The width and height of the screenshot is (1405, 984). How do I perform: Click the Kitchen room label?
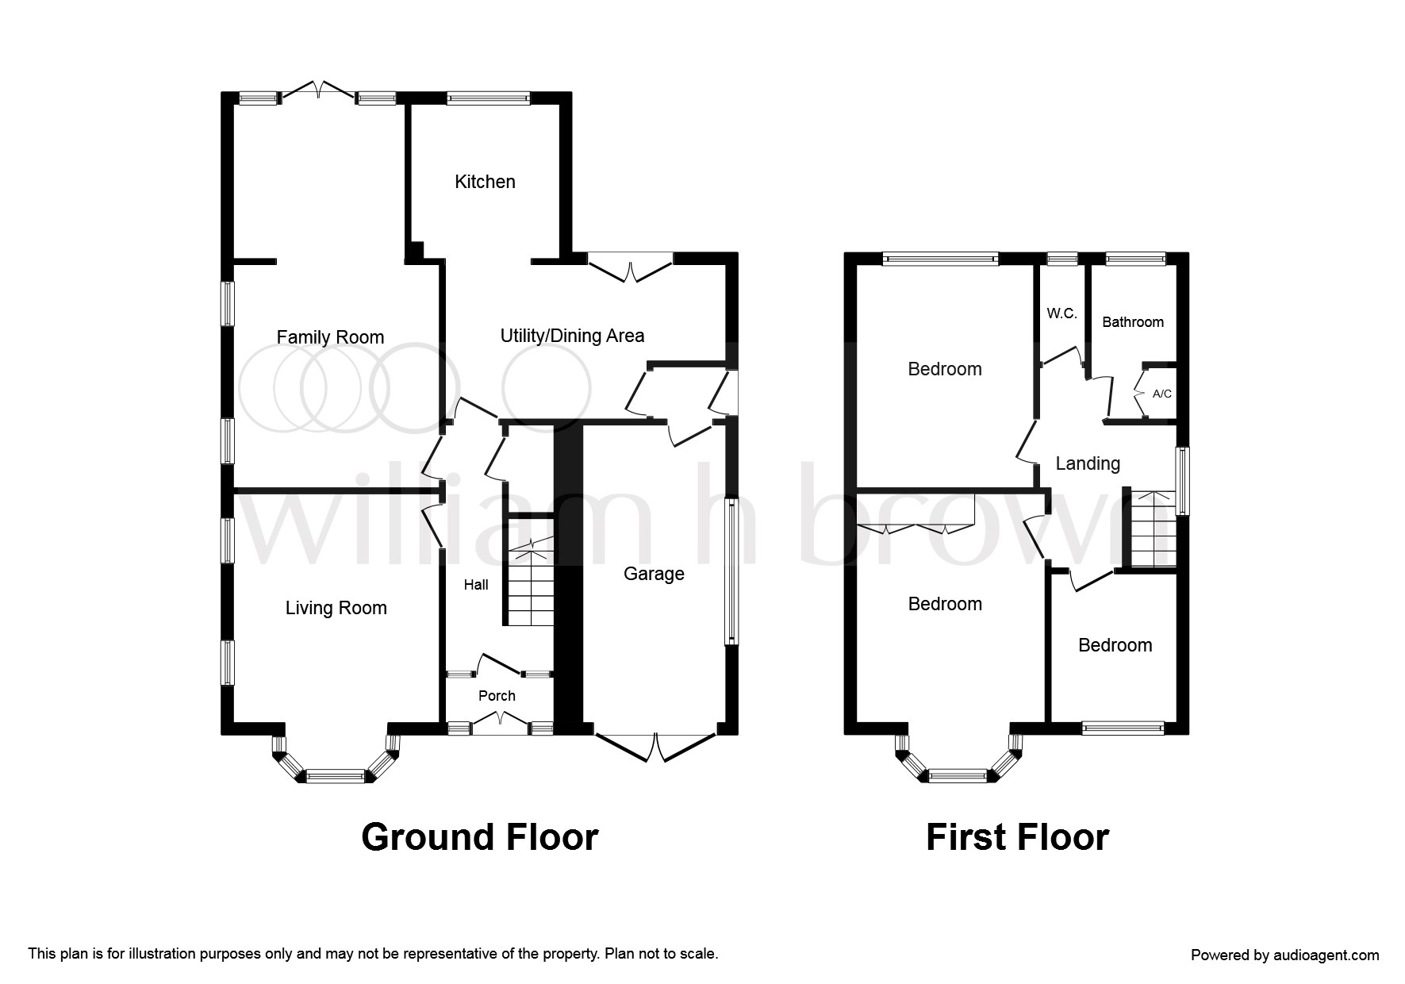(485, 182)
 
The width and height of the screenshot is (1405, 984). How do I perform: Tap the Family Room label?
(330, 337)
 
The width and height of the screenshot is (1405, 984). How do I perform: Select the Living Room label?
(336, 609)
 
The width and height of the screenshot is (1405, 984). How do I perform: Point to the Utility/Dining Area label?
(572, 336)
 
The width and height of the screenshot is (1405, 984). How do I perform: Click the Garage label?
(654, 574)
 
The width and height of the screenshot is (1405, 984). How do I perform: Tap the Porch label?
(497, 696)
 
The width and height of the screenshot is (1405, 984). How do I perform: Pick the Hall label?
(476, 585)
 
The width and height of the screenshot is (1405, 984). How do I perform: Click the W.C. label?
(1061, 313)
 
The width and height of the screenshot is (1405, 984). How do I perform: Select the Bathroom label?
(1133, 322)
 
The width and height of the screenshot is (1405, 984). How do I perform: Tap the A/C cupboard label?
(1161, 394)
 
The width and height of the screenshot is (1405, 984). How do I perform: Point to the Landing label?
(1088, 463)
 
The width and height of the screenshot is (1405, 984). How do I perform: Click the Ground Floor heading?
(479, 837)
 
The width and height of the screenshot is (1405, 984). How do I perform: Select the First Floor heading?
(1017, 837)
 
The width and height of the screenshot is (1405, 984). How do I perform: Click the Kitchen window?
(488, 98)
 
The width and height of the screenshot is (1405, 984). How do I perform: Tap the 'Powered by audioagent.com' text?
(1285, 955)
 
